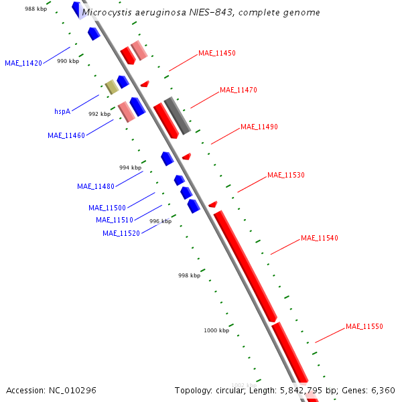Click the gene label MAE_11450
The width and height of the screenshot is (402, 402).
pos(216,53)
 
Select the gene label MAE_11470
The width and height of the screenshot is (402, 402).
pos(238,90)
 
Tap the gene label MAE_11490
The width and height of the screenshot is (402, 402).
pos(259,127)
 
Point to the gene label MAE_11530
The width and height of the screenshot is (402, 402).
pos(285,175)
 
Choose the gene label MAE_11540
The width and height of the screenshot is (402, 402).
pos(319,238)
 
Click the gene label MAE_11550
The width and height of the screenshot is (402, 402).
pos(364,326)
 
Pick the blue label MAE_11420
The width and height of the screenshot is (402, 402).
pos(23,63)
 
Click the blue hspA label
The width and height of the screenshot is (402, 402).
pos(62,111)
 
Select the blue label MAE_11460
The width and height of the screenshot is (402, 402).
pos(66,135)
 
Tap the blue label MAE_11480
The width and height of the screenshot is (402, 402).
pos(95,186)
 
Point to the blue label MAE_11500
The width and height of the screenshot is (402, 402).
pos(107,208)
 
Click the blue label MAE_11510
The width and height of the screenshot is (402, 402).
pos(114,220)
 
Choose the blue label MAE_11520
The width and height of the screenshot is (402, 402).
pos(121,233)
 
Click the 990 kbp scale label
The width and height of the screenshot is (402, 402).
pos(68,61)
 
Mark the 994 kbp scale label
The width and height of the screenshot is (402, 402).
pos(130,167)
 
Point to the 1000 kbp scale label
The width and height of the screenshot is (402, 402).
pos(216,330)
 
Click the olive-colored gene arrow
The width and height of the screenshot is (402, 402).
pos(111,86)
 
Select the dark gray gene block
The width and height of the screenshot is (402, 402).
pos(178,115)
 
